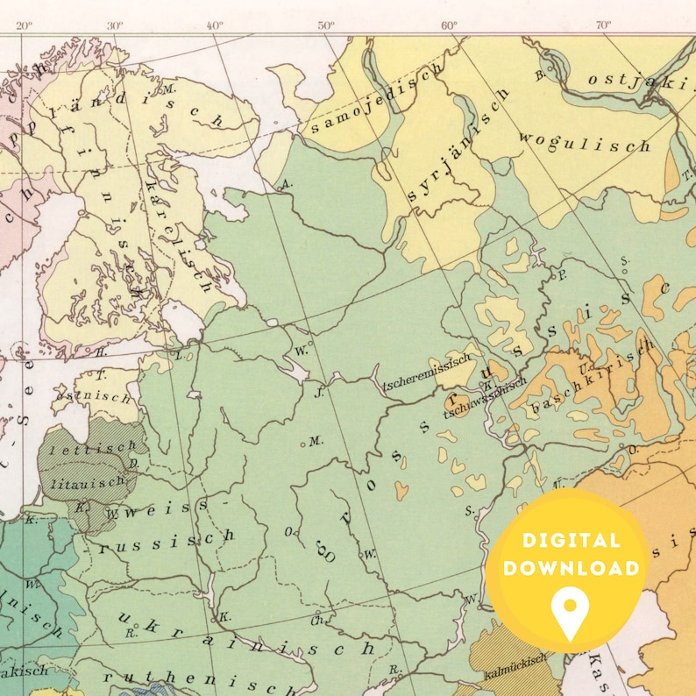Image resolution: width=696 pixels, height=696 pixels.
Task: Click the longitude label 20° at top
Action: (x=24, y=25)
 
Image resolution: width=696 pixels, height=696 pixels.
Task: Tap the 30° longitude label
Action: (x=115, y=25)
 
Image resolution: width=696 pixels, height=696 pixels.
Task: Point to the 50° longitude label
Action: (x=326, y=25)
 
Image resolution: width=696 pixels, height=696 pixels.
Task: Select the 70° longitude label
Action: (x=603, y=25)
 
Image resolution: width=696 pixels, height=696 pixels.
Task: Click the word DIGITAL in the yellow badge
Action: (x=570, y=541)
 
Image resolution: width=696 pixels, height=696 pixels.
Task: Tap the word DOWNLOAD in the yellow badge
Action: (x=570, y=568)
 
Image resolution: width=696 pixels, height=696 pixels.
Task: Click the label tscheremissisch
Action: (x=423, y=376)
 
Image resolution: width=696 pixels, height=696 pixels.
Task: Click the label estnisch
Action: (x=105, y=395)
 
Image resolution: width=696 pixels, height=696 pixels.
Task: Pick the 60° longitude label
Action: (x=450, y=25)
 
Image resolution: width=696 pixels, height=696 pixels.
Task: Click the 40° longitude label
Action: (x=216, y=25)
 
